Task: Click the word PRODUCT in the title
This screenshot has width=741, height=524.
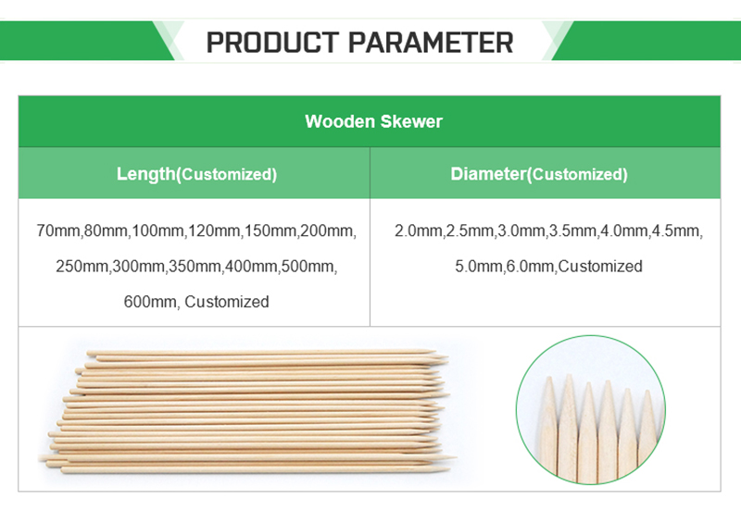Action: [x=272, y=43]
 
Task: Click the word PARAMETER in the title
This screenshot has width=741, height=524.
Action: [x=431, y=43]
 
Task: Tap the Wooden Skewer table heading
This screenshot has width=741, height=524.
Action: [x=374, y=121]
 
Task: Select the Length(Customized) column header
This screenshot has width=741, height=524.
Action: [x=196, y=174]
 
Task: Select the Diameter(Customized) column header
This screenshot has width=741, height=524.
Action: [x=539, y=174]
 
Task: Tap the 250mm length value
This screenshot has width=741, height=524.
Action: [x=82, y=266]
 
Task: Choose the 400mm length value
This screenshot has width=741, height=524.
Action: [x=251, y=266]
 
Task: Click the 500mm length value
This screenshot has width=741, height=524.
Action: [x=308, y=266]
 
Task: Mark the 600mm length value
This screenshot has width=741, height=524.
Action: [x=150, y=302]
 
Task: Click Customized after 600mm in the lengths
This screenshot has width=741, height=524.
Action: [x=227, y=302]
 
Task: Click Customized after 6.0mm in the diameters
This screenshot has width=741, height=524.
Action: [x=600, y=266]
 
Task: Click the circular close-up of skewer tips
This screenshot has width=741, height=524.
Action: [x=591, y=409]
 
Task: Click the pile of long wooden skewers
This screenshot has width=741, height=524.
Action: [x=245, y=411]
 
